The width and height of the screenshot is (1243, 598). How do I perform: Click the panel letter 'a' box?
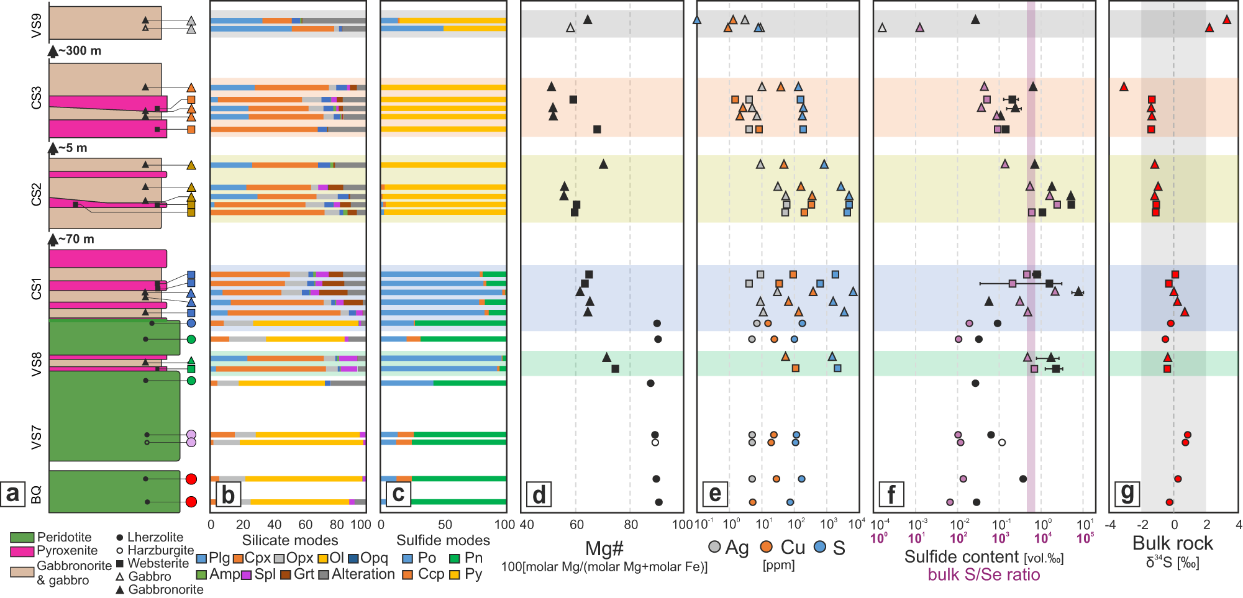12,494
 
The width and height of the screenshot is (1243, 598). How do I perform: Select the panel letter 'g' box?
1127,494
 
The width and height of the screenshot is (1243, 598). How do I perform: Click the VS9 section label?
37,25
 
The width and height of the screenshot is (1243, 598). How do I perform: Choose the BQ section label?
37,495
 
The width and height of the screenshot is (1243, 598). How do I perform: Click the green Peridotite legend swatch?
22,538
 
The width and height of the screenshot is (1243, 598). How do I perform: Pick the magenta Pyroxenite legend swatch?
22,551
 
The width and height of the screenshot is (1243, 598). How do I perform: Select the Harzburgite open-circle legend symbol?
119,551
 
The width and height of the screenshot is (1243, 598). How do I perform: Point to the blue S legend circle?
821,547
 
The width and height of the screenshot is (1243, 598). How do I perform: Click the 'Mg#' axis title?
604,548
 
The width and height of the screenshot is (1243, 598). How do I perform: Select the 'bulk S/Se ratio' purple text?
983,575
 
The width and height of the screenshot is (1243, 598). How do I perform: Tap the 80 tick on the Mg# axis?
631,525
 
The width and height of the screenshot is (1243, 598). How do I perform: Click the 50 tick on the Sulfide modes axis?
445,525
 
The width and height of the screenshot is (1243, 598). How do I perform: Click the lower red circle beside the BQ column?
191,502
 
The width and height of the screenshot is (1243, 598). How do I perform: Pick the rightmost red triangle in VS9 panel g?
1226,20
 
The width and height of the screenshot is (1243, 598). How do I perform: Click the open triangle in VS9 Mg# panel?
570,28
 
